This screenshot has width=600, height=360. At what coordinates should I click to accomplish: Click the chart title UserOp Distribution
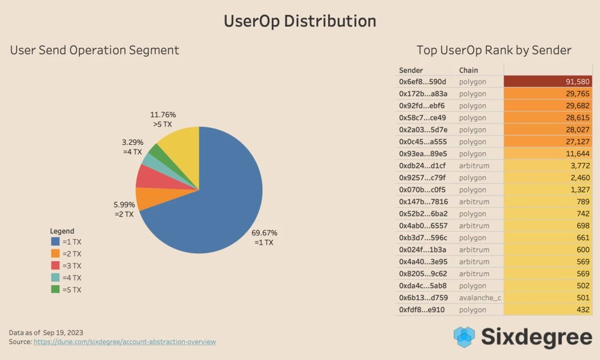pos(300,21)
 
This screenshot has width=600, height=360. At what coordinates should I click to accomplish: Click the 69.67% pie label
pos(264,233)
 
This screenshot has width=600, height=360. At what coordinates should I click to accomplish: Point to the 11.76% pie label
pos(163,115)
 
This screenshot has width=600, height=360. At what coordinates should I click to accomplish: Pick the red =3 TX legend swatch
pos(56,266)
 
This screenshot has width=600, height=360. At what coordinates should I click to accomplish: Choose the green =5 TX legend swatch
pos(56,289)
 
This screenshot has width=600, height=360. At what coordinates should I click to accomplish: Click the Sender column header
pos(411,70)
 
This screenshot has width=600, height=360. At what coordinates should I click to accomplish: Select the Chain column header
pos(468,70)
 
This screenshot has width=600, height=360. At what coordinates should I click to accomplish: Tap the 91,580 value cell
pos(548,82)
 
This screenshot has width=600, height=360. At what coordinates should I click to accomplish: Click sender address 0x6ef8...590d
pos(422,82)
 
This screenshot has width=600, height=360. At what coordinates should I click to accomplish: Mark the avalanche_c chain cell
pos(480,298)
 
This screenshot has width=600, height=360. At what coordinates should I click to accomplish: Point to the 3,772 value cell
pos(548,166)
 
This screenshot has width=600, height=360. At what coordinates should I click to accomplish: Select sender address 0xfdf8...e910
pos(422,309)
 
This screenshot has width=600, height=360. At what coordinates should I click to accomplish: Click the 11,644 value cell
pos(548,153)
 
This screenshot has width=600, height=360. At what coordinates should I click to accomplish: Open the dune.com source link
pos(124,342)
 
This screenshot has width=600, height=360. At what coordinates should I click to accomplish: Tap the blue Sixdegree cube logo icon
pos(464,337)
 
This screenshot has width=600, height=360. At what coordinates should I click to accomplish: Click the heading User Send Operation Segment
pos(94,50)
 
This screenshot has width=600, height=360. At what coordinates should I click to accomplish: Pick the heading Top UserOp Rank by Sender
pos(494,50)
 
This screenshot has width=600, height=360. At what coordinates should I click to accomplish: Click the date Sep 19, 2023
pos(63,332)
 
